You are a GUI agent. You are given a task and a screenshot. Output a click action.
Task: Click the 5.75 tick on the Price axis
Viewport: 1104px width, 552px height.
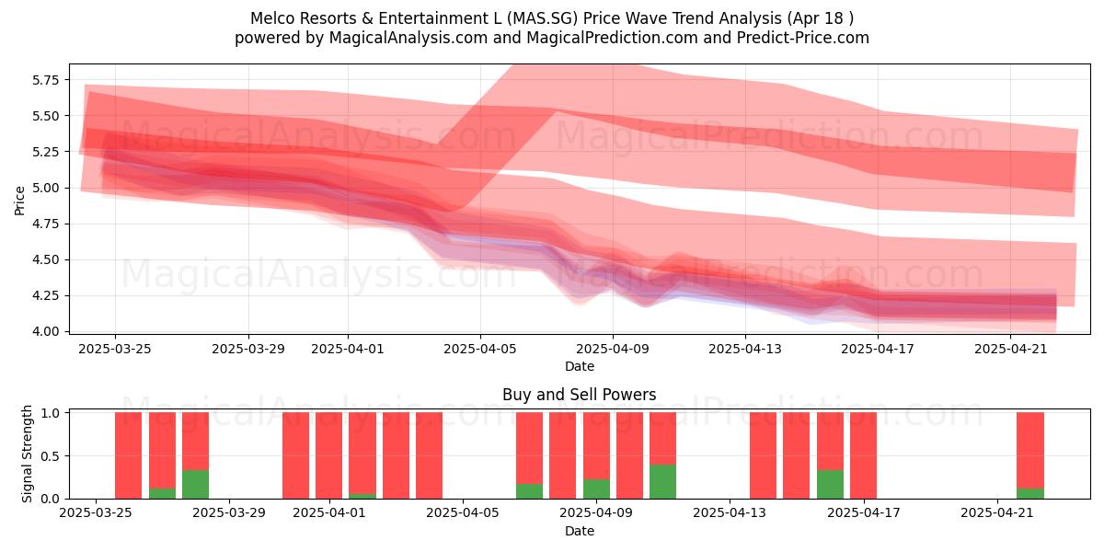tap(46, 80)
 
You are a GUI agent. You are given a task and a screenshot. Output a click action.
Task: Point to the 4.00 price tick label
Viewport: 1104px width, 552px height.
tap(46, 332)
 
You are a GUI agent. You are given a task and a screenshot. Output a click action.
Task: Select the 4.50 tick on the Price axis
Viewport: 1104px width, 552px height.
tap(46, 259)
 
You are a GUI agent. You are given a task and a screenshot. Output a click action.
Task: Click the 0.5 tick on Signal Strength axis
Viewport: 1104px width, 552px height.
tap(50, 456)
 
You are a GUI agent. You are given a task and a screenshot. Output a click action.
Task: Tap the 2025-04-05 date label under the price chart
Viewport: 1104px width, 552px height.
tap(480, 349)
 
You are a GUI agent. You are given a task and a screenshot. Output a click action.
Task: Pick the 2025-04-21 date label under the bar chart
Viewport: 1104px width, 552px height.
tap(997, 513)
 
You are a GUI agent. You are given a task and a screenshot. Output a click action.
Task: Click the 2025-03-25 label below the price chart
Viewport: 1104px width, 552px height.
tap(115, 349)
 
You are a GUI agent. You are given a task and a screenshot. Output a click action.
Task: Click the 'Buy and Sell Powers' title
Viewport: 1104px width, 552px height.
tap(579, 395)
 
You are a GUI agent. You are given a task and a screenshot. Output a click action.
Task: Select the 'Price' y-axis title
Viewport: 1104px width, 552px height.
tap(19, 201)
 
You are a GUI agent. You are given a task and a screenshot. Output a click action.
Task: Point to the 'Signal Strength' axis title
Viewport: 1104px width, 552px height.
tap(27, 454)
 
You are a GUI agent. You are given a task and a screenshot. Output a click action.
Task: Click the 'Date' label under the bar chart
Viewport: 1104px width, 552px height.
tap(579, 532)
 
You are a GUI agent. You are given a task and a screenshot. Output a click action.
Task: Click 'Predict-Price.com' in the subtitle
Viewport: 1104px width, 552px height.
tap(803, 38)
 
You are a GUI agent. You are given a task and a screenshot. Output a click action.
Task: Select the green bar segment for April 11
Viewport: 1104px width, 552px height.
tap(663, 481)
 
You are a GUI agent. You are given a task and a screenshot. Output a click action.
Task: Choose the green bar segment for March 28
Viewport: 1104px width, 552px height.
tap(195, 485)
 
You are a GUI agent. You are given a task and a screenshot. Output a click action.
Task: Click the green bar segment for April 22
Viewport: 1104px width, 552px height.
tap(1030, 493)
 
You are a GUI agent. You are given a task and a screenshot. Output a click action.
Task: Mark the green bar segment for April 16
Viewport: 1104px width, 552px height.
tap(830, 485)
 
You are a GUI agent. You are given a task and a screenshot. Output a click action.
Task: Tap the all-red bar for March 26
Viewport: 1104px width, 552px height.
tap(128, 455)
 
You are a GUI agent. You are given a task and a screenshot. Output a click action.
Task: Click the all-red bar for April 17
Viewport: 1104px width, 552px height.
tap(864, 455)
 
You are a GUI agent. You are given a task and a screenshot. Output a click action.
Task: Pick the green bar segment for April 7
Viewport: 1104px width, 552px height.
tap(529, 491)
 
